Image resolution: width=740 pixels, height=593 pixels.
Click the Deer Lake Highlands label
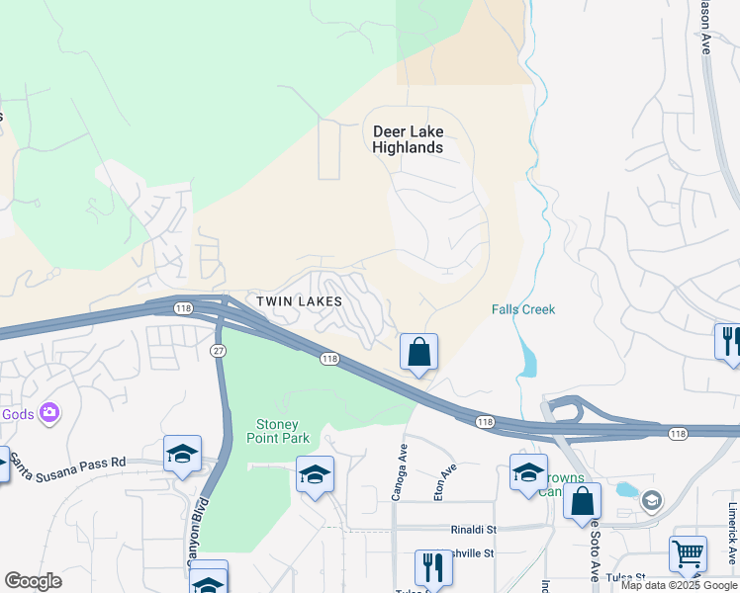point(408,139)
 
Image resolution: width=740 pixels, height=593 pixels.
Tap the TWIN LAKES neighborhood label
point(299,301)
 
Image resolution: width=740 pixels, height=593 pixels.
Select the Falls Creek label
point(523,309)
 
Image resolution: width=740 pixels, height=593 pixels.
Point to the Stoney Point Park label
point(277,432)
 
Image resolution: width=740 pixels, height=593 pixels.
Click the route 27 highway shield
point(217,351)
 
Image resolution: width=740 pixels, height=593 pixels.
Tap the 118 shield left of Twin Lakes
point(183,308)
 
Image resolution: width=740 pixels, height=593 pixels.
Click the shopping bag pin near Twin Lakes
point(418,351)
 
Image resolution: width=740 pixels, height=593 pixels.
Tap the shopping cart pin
point(688,553)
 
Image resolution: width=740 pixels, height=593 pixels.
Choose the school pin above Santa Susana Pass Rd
point(183,454)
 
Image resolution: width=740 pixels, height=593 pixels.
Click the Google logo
point(33,581)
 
